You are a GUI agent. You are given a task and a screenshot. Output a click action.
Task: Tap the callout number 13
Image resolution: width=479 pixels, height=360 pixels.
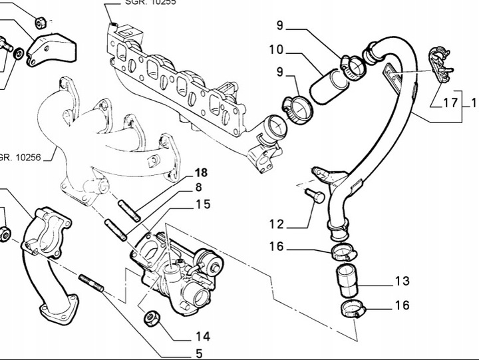click(402, 281)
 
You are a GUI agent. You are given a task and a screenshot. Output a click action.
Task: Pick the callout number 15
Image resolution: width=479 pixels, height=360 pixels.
click(203, 204)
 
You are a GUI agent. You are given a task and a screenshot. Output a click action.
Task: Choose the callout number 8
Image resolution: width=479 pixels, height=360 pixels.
click(198, 187)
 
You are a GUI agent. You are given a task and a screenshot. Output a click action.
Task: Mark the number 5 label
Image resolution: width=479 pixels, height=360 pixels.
click(199, 353)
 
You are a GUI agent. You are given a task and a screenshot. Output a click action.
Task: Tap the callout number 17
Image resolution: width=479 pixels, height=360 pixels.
click(450, 102)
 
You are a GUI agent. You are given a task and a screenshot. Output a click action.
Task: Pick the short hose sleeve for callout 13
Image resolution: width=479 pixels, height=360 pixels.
click(346, 280)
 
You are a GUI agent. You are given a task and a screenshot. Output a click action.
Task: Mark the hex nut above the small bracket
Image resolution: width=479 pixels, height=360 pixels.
click(41, 22)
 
